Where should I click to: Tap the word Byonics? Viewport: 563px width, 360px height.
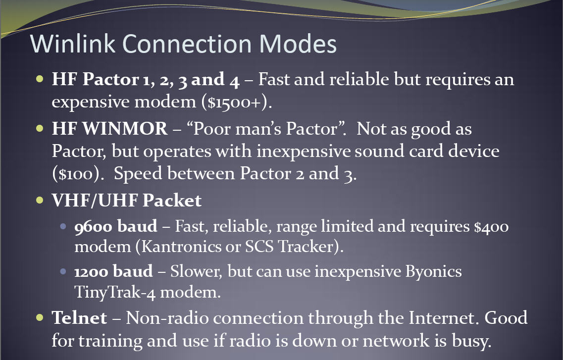pos(433,272)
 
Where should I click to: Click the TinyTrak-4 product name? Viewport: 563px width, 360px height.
pos(115,292)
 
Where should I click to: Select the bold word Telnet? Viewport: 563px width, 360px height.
pos(79,317)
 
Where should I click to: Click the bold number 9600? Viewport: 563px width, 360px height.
pos(94,227)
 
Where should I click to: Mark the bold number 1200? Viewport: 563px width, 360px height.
pos(91,271)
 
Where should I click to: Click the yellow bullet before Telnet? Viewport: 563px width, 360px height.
pos(40,317)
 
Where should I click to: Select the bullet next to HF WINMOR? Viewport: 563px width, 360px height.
pos(40,128)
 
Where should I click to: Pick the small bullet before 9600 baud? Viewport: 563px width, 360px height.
pos(63,226)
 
